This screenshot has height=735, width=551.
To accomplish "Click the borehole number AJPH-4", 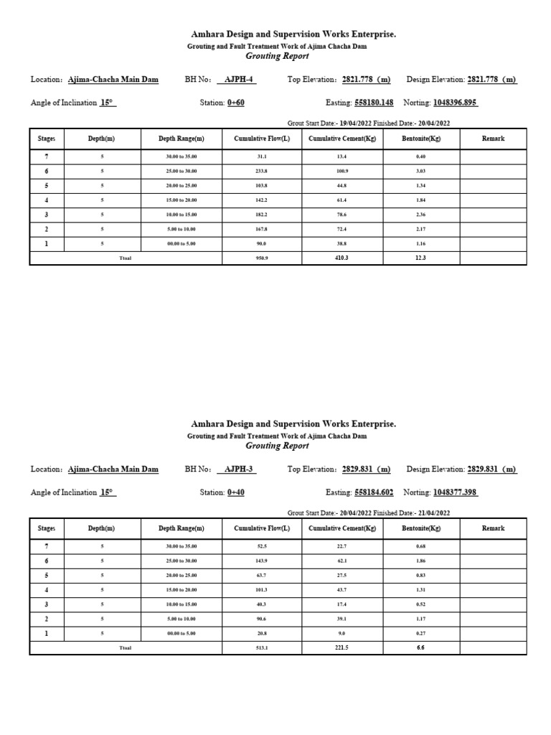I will (x=237, y=80).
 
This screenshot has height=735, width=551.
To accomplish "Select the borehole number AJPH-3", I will (x=237, y=469).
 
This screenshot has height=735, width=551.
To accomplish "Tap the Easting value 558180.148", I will (x=374, y=103).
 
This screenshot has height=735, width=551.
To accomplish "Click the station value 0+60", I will (x=236, y=103).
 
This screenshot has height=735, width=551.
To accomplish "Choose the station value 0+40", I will (x=236, y=492).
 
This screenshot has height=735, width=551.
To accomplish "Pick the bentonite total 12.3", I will (x=421, y=258).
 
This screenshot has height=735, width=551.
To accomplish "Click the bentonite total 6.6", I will (x=421, y=647).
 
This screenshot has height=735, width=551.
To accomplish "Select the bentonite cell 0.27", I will (x=421, y=633).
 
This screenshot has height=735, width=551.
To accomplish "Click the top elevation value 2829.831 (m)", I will (x=366, y=469).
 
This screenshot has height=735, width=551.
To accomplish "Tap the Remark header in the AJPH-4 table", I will (x=493, y=139).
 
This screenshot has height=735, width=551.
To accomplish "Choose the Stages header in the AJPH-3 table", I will (x=47, y=528).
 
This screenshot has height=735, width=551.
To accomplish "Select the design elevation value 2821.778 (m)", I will (x=491, y=80).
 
